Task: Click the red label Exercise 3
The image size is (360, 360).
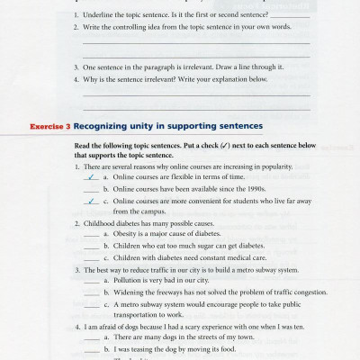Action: pos(47,127)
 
